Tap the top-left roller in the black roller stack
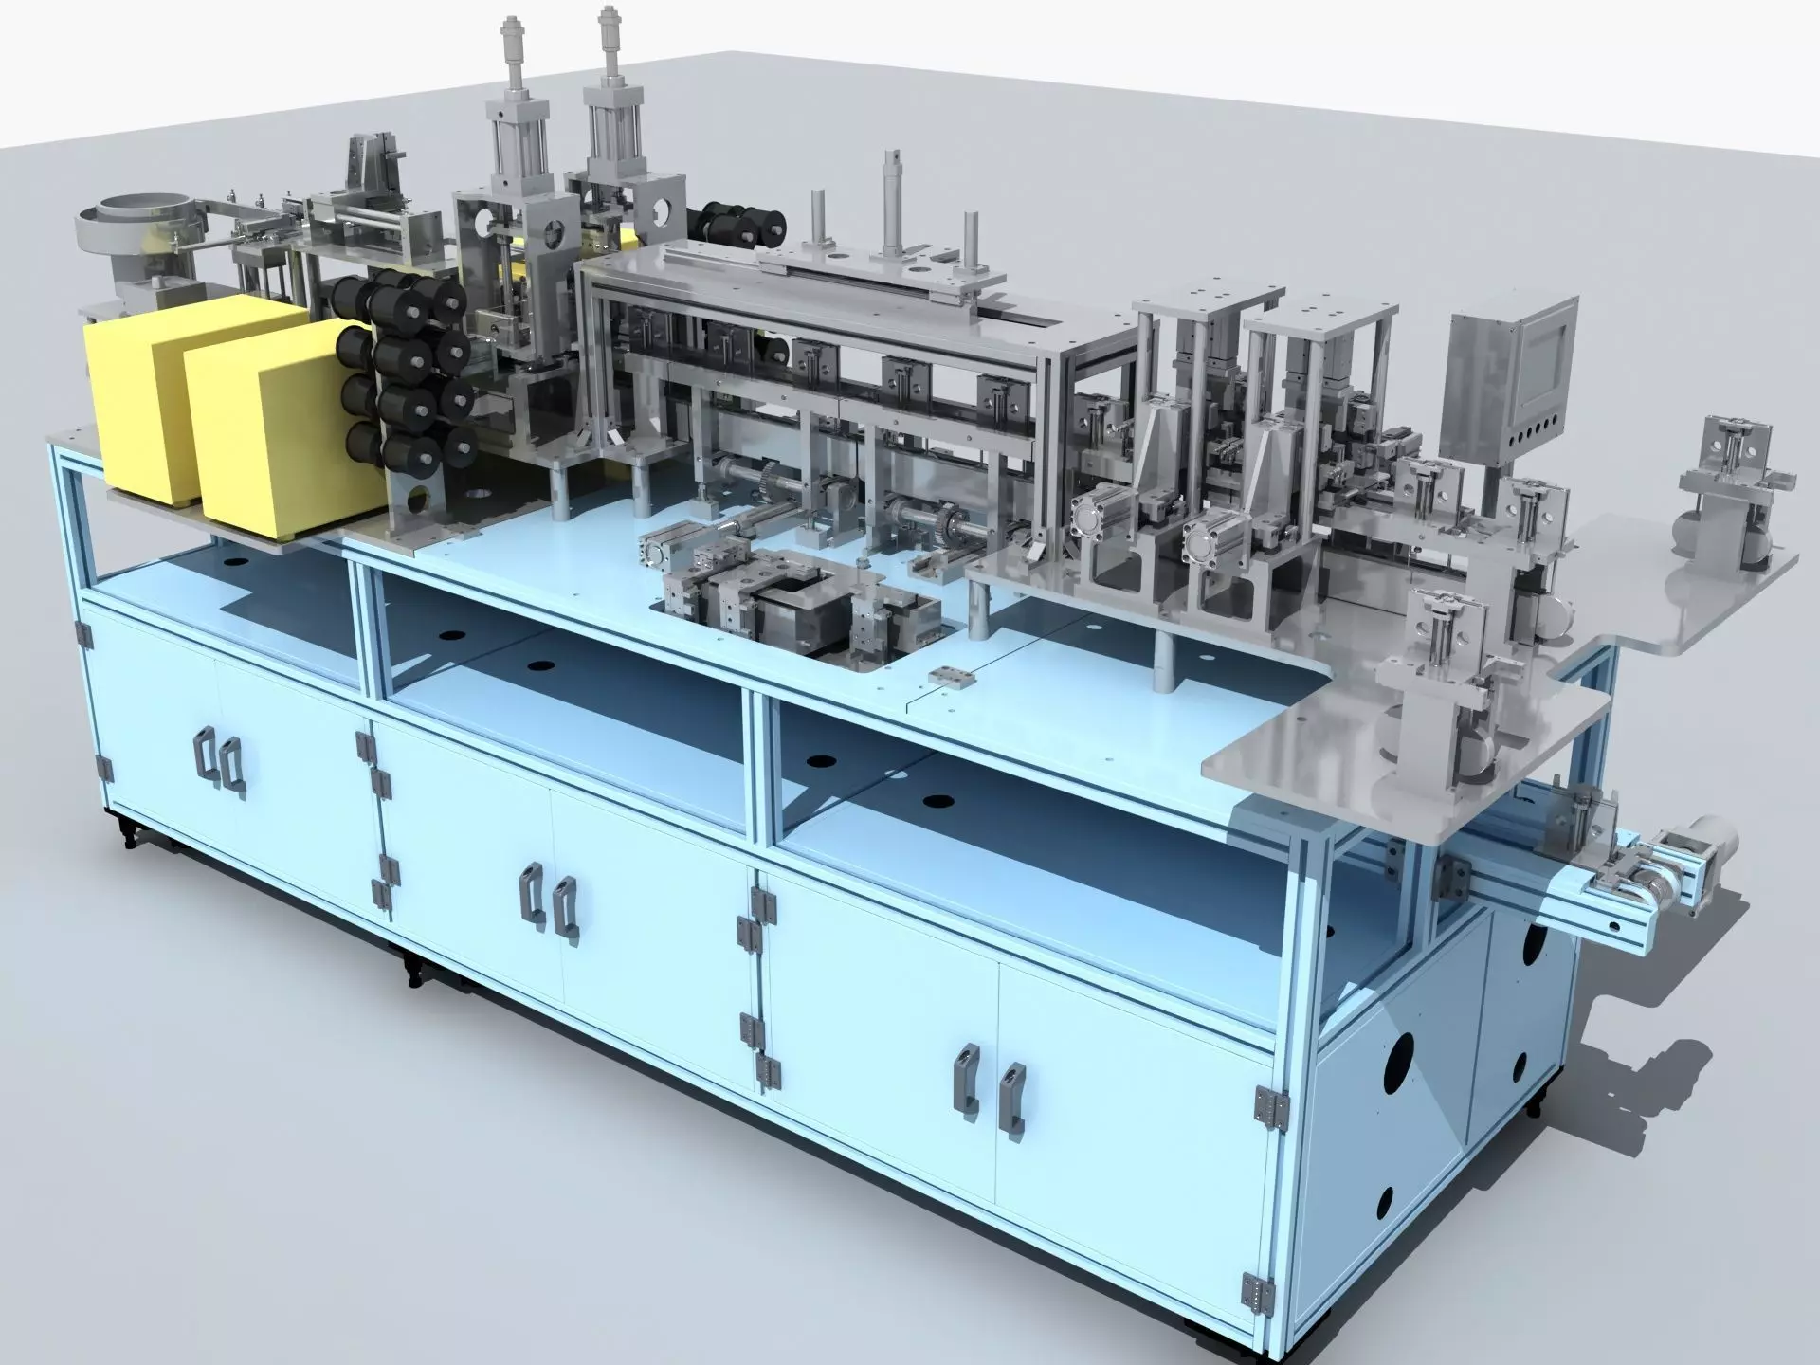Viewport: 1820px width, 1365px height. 353,296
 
